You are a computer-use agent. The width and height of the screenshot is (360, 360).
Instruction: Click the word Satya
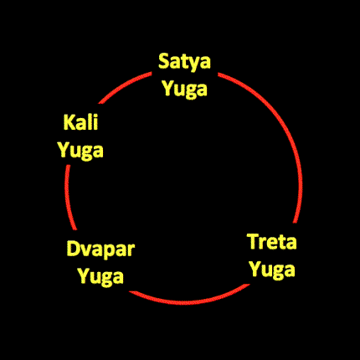pyautogui.click(x=184, y=62)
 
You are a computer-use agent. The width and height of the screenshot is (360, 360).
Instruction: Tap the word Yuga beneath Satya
pyautogui.click(x=185, y=90)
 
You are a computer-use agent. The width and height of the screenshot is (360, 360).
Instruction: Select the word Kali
pyautogui.click(x=80, y=122)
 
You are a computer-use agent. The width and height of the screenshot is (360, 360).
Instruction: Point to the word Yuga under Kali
pyautogui.click(x=80, y=151)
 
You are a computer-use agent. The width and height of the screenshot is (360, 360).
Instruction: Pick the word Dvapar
pyautogui.click(x=100, y=249)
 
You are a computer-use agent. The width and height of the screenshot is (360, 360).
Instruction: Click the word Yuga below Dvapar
pyautogui.click(x=100, y=277)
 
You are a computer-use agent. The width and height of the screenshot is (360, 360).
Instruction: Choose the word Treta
pyautogui.click(x=272, y=242)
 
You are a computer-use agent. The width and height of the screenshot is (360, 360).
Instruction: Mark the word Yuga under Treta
pyautogui.click(x=272, y=270)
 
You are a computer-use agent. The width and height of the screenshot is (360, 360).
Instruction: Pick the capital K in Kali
pyautogui.click(x=69, y=122)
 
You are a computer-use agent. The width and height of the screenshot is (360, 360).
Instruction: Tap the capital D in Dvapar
pyautogui.click(x=73, y=249)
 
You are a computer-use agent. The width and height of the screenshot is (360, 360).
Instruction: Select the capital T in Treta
pyautogui.click(x=254, y=242)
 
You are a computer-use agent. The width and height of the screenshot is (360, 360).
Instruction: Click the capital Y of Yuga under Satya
pyautogui.click(x=168, y=88)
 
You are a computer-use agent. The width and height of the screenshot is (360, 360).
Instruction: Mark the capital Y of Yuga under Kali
pyautogui.click(x=64, y=149)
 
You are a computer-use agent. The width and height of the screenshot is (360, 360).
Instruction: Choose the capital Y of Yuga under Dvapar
pyautogui.click(x=84, y=275)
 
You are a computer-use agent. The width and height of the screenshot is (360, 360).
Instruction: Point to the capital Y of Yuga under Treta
pyautogui.click(x=255, y=268)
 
